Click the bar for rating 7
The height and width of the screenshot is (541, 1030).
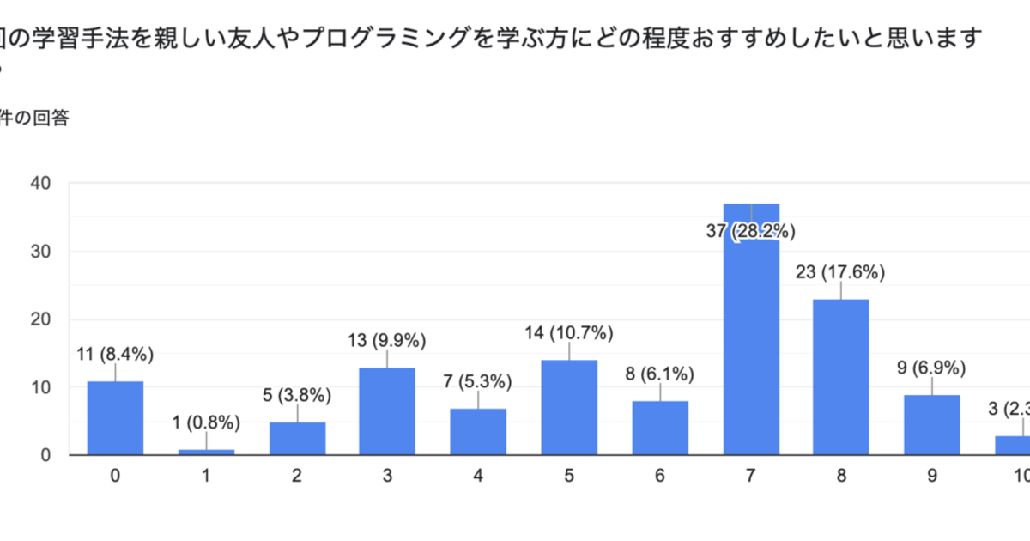click(x=751, y=343)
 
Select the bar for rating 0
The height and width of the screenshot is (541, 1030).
click(x=115, y=418)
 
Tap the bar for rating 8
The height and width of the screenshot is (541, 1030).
click(x=841, y=377)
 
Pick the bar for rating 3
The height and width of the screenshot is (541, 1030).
click(x=387, y=411)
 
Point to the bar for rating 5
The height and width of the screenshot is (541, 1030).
click(x=569, y=408)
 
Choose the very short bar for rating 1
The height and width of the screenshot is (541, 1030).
click(x=206, y=451)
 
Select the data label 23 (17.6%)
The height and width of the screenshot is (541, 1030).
click(x=841, y=273)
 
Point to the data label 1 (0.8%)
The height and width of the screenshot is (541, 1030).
click(x=206, y=422)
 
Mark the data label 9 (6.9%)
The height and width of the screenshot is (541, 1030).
click(x=931, y=368)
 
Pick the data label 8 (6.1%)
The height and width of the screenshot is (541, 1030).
click(x=660, y=374)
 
